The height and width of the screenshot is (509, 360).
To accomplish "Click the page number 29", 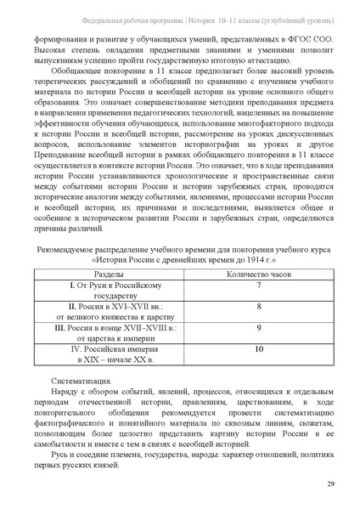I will point(329,484).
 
